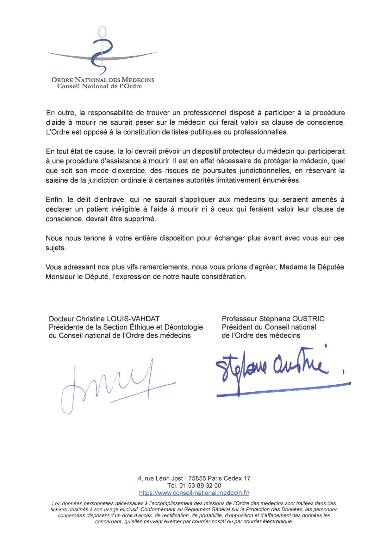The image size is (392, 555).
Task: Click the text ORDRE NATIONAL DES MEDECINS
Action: click(103, 80)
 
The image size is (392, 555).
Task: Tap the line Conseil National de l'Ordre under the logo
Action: click(99, 86)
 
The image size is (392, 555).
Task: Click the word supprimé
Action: click(141, 219)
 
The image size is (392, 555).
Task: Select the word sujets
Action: click(56, 248)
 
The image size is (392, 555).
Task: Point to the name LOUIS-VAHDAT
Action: click(133, 319)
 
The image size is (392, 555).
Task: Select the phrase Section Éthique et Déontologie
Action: click(153, 327)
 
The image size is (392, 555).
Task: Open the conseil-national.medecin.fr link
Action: click(194, 493)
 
